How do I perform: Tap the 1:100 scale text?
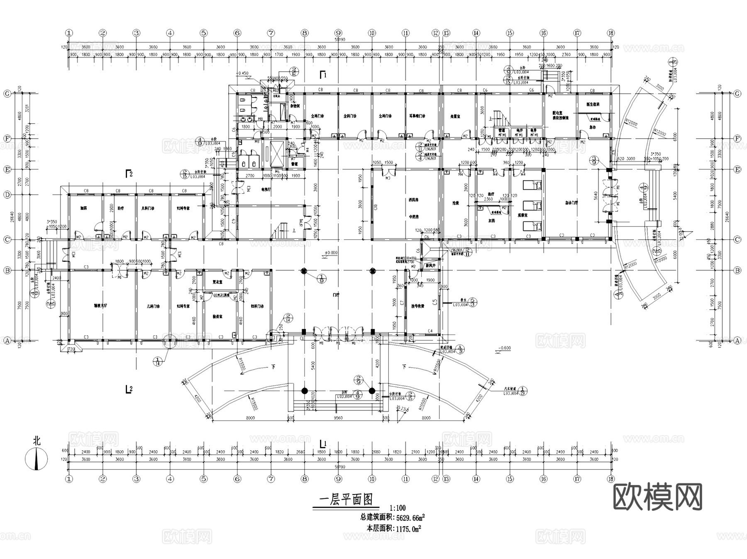coord(397,508)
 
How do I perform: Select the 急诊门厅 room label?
coord(571,203)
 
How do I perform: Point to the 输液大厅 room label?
coord(100,306)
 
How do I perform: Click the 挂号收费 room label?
coord(417,306)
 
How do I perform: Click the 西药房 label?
coord(413,200)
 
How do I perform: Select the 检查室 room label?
coord(218,316)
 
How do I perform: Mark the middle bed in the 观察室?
coord(532,205)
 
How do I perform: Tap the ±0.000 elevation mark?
coord(331,253)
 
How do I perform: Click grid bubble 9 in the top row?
coord(338,33)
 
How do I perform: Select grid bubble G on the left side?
coord(7,94)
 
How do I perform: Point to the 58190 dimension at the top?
coord(340,40)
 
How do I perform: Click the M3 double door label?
coord(388,178)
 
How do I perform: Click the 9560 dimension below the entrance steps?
coord(338,418)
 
